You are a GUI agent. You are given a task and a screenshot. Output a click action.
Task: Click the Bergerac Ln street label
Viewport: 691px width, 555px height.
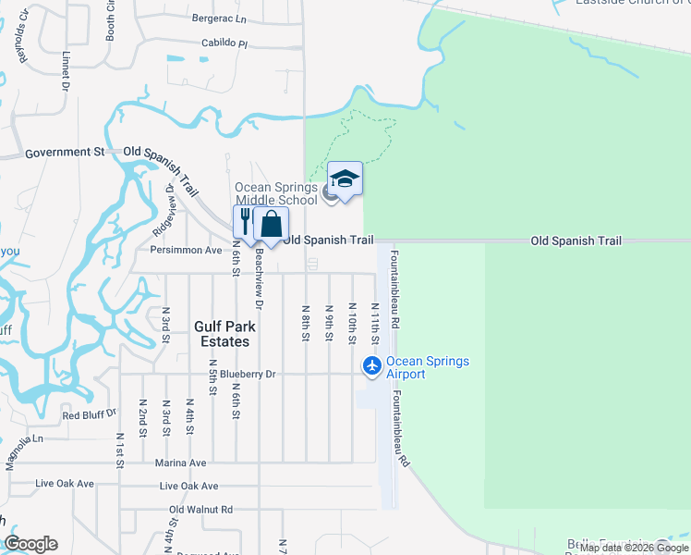click(x=220, y=18)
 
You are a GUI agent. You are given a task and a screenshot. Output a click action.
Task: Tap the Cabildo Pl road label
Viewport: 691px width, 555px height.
click(x=225, y=43)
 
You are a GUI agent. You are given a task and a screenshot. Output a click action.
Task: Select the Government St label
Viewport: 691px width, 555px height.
click(x=66, y=152)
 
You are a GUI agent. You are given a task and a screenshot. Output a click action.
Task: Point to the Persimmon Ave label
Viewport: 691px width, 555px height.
click(x=187, y=250)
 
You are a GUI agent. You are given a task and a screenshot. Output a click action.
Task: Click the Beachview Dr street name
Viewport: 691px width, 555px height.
click(x=260, y=278)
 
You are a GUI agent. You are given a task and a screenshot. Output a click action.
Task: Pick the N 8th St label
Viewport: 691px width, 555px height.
click(x=305, y=323)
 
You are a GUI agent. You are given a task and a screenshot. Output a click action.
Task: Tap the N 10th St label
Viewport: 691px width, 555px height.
click(x=352, y=323)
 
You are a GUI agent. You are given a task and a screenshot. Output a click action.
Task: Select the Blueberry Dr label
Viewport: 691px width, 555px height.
click(x=242, y=374)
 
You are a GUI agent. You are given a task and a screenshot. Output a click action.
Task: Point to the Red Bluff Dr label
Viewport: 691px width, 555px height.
click(x=90, y=415)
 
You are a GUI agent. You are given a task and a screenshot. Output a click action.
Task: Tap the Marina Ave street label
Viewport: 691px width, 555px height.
click(x=181, y=462)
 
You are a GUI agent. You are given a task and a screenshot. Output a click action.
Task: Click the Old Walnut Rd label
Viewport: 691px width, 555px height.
click(x=201, y=509)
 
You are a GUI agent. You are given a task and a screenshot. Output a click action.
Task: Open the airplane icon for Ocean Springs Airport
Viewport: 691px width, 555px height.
click(x=372, y=366)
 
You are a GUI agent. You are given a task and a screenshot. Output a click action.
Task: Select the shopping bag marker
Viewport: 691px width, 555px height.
click(x=271, y=223)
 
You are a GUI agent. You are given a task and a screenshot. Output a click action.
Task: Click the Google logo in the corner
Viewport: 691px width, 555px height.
click(x=30, y=544)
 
